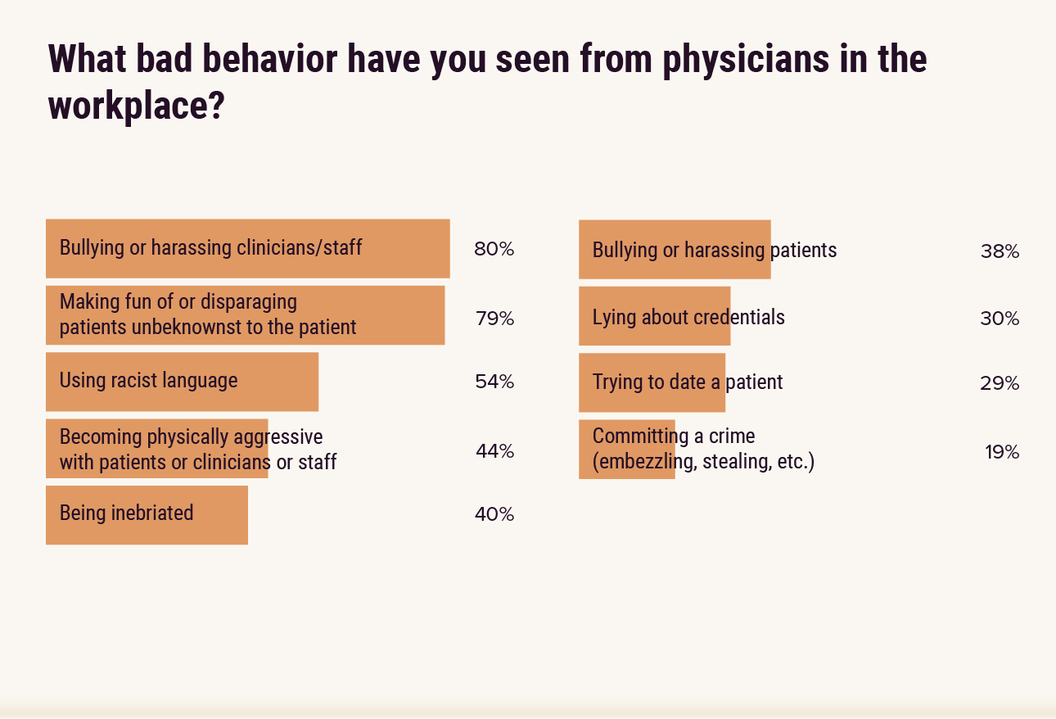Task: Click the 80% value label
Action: pyautogui.click(x=494, y=249)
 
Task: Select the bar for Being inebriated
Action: pyautogui.click(x=147, y=515)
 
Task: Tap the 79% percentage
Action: pyautogui.click(x=494, y=319)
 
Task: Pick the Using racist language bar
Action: pyautogui.click(x=182, y=382)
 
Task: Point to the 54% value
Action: pyautogui.click(x=494, y=382)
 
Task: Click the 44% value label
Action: pyautogui.click(x=494, y=451)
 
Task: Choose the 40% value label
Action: pyautogui.click(x=494, y=514)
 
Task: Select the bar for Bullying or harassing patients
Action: pyautogui.click(x=674, y=250)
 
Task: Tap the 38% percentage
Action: pyautogui.click(x=1000, y=251)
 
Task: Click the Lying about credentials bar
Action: pyautogui.click(x=654, y=316)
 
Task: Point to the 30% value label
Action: pyautogui.click(x=1000, y=319)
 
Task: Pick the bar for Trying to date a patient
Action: pyautogui.click(x=652, y=382)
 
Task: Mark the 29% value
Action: pyautogui.click(x=1000, y=383)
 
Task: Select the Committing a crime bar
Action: pyautogui.click(x=626, y=450)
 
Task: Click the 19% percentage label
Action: pyautogui.click(x=1001, y=452)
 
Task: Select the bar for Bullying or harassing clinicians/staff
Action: pyautogui.click(x=248, y=248)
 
